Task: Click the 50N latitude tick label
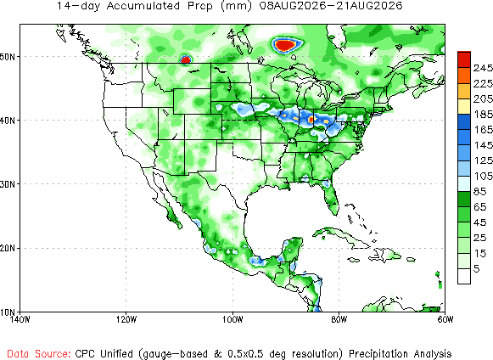[8, 57]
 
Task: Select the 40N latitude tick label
[8, 121]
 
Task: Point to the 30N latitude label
[8, 184]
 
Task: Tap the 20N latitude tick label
[8, 248]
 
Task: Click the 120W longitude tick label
[126, 319]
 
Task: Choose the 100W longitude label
[232, 319]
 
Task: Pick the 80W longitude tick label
[339, 319]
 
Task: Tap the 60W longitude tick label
[445, 319]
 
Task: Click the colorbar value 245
[483, 68]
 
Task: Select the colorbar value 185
[483, 115]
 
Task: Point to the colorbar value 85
[479, 191]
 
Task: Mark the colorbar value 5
[477, 269]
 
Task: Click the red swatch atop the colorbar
[464, 59]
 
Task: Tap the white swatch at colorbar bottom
[464, 276]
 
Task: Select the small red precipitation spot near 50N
[186, 59]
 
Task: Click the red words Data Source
[39, 354]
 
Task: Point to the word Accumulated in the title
[143, 6]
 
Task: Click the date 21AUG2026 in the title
[370, 6]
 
